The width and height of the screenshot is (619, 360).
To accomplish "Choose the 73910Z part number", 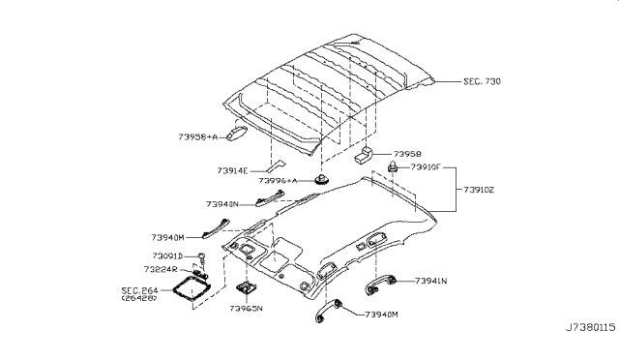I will click(x=480, y=190).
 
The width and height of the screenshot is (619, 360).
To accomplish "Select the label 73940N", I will click(x=227, y=204).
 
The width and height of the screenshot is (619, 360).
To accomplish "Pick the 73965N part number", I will click(x=249, y=310).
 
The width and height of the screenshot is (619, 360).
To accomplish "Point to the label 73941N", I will click(x=430, y=281).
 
